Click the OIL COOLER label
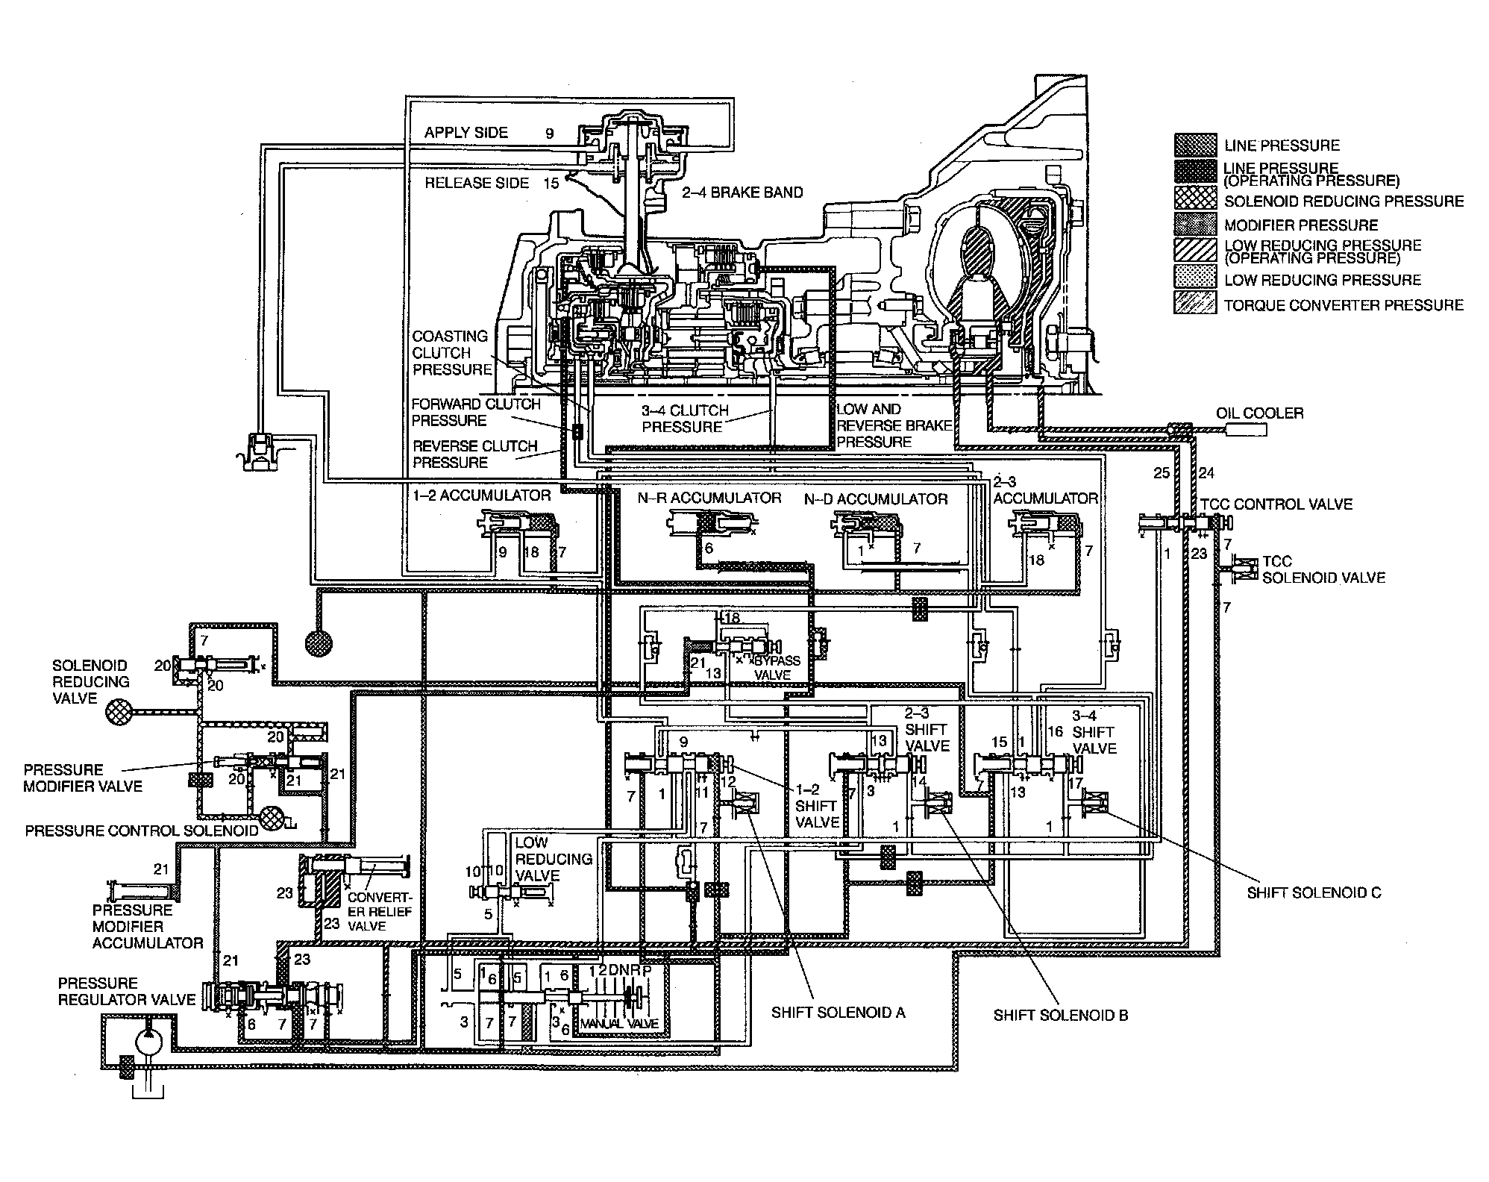click(1259, 413)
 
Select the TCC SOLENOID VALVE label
click(1323, 569)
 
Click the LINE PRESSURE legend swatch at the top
click(1195, 145)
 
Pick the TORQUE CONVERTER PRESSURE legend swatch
click(1195, 304)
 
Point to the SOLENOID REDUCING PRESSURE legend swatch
click(1195, 201)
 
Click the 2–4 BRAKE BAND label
click(742, 193)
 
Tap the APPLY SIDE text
click(466, 133)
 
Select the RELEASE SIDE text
click(477, 183)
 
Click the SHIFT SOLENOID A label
click(838, 1012)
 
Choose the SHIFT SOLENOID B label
click(1060, 1015)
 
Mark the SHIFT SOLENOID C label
click(1314, 892)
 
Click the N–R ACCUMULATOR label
click(709, 498)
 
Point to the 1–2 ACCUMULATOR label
click(481, 495)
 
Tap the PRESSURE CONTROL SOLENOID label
click(142, 831)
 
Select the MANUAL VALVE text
click(619, 1023)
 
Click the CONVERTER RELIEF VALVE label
click(379, 911)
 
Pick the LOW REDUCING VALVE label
click(553, 859)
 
